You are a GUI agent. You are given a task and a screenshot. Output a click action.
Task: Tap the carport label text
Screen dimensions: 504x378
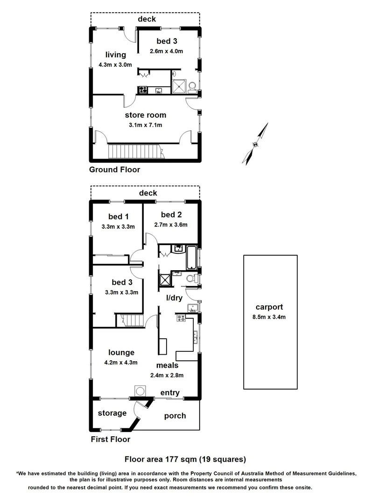pos(270,307)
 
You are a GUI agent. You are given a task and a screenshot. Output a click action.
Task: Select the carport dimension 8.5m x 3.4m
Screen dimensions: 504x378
pos(270,317)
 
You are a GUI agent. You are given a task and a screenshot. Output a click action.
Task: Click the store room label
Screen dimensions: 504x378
pos(145,115)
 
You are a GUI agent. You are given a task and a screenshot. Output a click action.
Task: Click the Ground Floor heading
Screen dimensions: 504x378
pos(114,170)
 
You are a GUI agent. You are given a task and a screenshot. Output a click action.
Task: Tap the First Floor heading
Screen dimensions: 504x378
pos(110,439)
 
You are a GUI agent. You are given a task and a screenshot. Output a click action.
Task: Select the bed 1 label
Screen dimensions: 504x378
pos(118,217)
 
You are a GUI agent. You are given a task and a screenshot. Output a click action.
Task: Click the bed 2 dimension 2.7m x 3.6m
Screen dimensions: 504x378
pos(171,224)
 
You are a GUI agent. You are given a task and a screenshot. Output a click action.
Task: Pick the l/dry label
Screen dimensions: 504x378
pos(175,297)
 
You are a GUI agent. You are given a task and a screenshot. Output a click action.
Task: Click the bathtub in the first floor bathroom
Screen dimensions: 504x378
pos(191,257)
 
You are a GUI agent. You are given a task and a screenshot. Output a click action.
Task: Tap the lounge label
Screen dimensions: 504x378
pos(121,353)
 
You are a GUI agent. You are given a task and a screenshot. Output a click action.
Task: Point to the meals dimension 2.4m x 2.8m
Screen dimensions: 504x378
pos(167,375)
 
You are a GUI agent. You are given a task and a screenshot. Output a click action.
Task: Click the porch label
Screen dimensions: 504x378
pos(175,415)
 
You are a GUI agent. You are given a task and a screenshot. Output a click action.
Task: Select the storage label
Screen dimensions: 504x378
pos(112,413)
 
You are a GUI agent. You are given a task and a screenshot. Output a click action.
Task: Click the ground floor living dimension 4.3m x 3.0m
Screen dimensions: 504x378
pos(115,65)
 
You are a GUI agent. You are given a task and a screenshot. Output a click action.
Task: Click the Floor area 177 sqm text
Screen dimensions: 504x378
pos(184,459)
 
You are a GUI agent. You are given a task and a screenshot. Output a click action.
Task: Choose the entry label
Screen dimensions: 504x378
pos(170,393)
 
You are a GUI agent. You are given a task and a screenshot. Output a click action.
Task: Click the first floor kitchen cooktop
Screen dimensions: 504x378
pos(181,318)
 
